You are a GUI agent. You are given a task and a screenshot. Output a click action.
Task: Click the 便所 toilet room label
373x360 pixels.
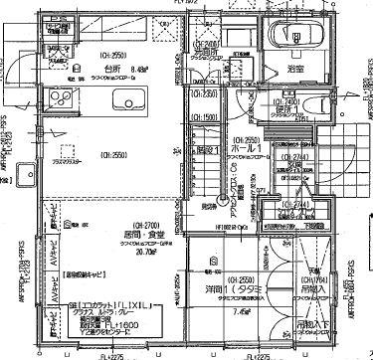[x=289, y=110]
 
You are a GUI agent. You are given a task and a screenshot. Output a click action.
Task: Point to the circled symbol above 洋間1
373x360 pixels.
[x=202, y=267]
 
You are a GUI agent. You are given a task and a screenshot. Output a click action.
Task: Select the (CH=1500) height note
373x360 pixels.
[x=206, y=117]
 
